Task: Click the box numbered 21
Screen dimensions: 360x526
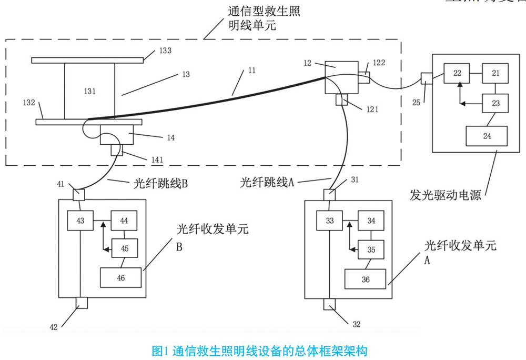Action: [495, 73]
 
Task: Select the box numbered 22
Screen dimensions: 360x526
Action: [456, 73]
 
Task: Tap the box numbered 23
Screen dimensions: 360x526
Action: [495, 103]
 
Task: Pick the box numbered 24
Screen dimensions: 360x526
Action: [487, 136]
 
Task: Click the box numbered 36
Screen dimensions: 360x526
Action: [365, 279]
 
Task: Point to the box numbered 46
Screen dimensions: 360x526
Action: [120, 278]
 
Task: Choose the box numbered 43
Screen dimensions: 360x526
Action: [80, 221]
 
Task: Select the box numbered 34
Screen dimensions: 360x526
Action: [371, 221]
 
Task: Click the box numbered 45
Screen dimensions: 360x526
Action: [124, 248]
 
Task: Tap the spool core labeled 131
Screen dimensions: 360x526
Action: [89, 91]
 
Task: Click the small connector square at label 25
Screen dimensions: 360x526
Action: [427, 78]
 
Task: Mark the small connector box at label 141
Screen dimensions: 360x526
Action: [116, 150]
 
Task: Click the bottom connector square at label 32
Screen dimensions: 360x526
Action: [330, 304]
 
